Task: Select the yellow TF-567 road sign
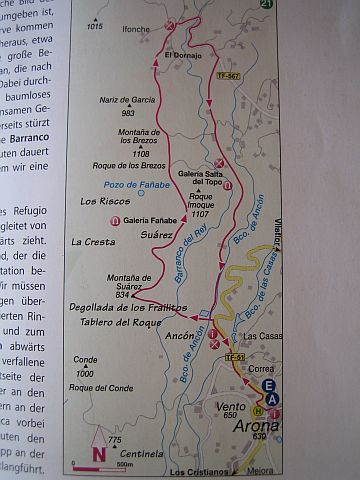[230, 78]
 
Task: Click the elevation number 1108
[139, 154]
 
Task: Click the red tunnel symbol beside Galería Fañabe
[116, 220]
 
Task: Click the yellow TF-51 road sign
[234, 356]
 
